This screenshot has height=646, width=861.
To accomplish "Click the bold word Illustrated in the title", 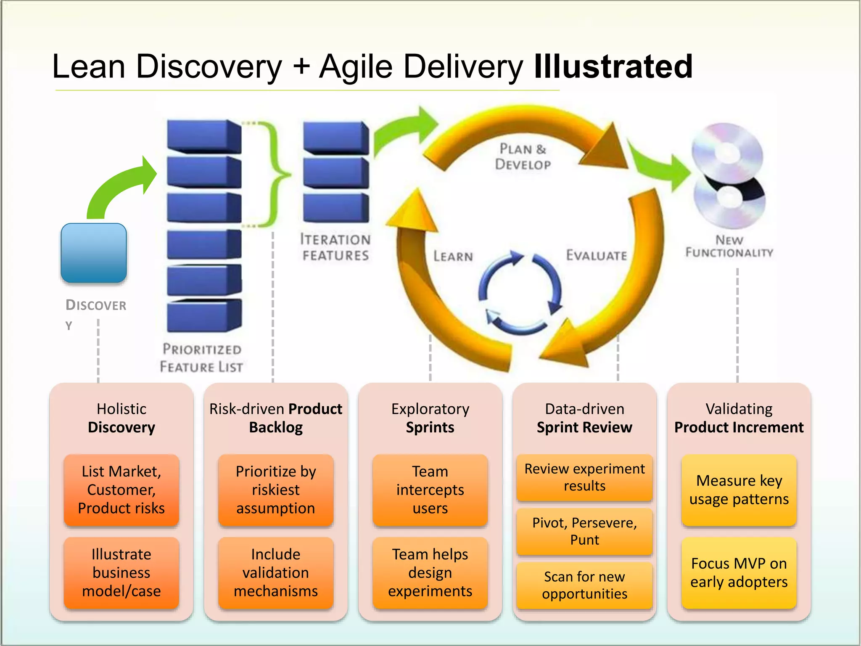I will click(613, 66).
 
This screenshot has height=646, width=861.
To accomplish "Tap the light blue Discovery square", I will click(94, 253).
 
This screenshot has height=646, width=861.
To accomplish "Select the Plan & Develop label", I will click(523, 156).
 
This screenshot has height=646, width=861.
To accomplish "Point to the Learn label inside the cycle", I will click(453, 256).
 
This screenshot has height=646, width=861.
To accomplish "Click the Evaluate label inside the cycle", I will click(596, 255).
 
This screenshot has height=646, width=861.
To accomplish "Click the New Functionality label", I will click(729, 246).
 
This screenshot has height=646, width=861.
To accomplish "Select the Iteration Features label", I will click(335, 247).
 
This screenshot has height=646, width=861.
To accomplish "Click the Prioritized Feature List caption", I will click(201, 358).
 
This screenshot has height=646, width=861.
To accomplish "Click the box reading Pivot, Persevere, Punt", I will click(584, 531).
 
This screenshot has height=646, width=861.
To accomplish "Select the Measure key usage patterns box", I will click(739, 490).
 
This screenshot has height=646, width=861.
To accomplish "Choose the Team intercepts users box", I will click(430, 490).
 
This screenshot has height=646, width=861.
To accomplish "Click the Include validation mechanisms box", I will click(275, 572).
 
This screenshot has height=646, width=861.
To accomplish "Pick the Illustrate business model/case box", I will click(121, 572).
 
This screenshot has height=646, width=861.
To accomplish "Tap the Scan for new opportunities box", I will click(584, 585).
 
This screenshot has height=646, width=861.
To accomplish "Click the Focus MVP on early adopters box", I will click(739, 572).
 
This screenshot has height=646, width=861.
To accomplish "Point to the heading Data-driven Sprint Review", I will click(584, 418).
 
